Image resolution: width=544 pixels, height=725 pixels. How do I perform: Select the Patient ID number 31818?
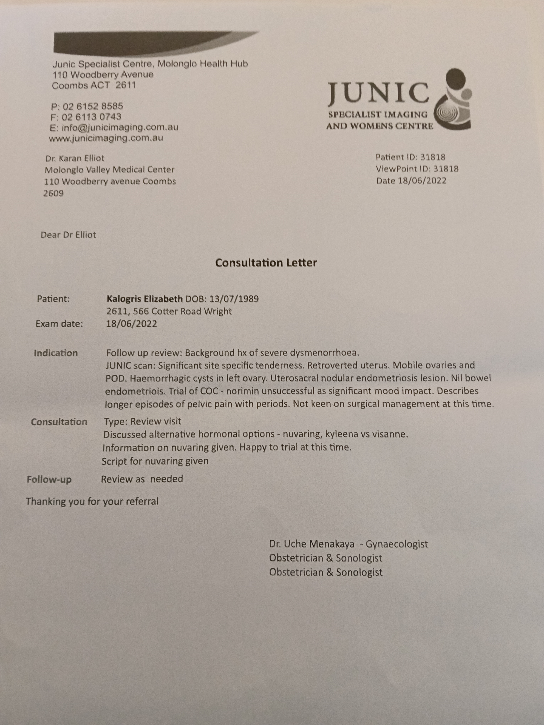[433, 157]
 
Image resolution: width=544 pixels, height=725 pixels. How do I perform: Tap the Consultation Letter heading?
[266, 263]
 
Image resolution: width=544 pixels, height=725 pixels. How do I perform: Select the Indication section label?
[56, 353]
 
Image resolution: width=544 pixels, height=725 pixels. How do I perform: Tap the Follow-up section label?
[49, 479]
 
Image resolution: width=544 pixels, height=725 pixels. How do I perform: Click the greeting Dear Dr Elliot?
[68, 235]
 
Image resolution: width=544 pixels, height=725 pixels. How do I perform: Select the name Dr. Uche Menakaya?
[311, 544]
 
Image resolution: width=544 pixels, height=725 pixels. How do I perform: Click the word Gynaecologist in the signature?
[397, 544]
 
